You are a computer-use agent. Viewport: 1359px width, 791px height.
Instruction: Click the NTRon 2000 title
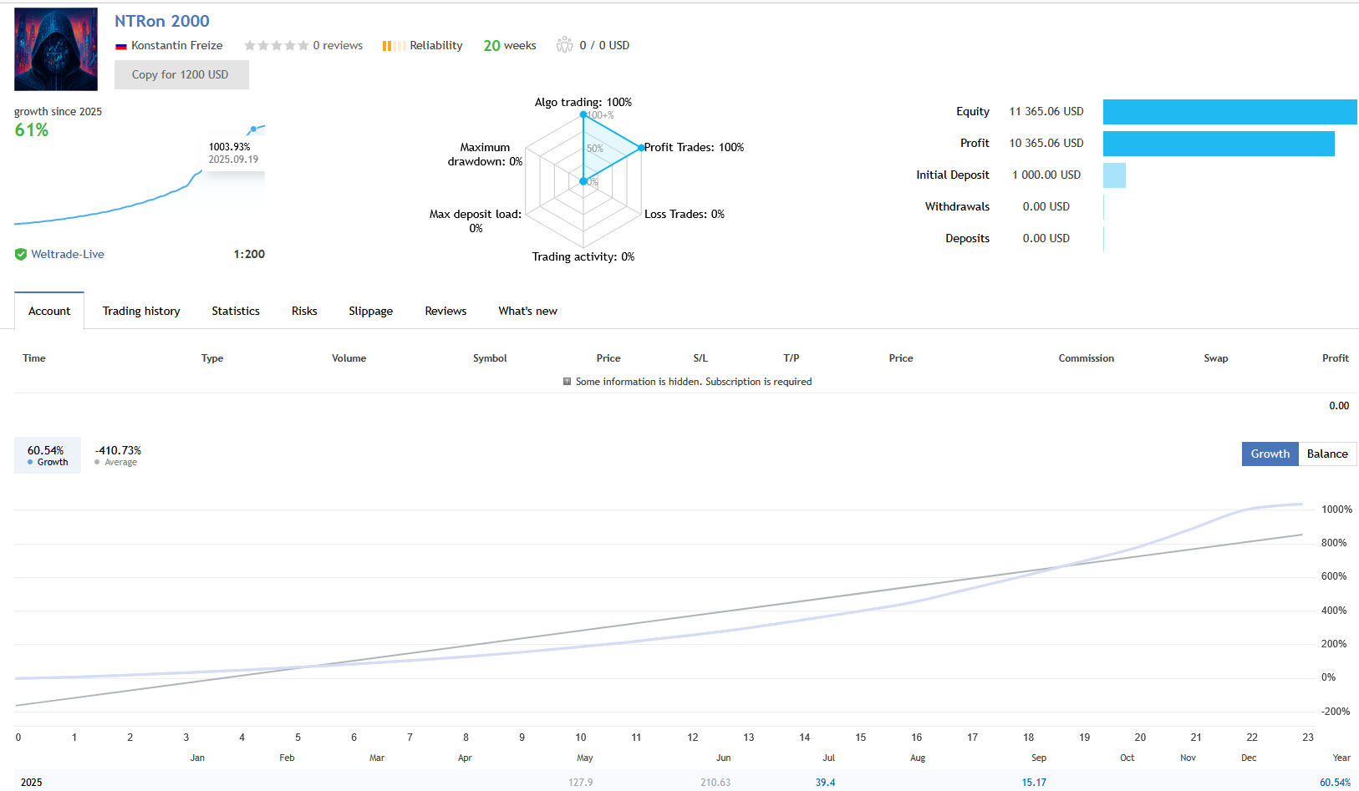pyautogui.click(x=162, y=22)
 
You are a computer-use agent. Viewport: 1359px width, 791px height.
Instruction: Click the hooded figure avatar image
pyautogui.click(x=56, y=49)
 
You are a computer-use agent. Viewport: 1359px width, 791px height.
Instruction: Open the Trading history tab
pyautogui.click(x=141, y=311)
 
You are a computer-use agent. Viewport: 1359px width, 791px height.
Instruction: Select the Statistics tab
pyautogui.click(x=236, y=311)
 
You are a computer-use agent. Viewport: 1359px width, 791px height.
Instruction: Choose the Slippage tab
pyautogui.click(x=370, y=311)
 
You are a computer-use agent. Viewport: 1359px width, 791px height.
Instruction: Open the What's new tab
pyautogui.click(x=527, y=311)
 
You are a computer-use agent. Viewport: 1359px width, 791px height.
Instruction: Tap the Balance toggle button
pyautogui.click(x=1327, y=454)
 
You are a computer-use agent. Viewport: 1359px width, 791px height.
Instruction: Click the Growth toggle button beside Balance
pyautogui.click(x=1270, y=454)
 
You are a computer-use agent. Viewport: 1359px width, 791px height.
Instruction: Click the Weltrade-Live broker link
pyautogui.click(x=68, y=254)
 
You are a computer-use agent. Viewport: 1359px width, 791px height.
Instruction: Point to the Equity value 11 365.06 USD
pyautogui.click(x=1046, y=111)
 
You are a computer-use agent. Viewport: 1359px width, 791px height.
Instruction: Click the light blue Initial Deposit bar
pyautogui.click(x=1114, y=175)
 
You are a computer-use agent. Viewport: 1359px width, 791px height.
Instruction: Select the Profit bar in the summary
pyautogui.click(x=1218, y=144)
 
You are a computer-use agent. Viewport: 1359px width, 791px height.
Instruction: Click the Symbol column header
pyautogui.click(x=490, y=358)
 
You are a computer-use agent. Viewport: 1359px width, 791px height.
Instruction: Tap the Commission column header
pyautogui.click(x=1086, y=358)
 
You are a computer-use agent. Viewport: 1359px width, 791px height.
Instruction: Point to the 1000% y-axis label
pyautogui.click(x=1336, y=510)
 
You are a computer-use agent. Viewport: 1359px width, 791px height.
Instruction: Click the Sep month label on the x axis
pyautogui.click(x=1039, y=758)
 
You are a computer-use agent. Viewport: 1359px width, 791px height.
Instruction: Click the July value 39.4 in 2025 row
pyautogui.click(x=825, y=783)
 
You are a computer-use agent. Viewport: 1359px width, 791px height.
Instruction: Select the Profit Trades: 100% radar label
pyautogui.click(x=694, y=147)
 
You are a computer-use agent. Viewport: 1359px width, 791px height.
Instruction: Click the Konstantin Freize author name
pyautogui.click(x=176, y=45)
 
